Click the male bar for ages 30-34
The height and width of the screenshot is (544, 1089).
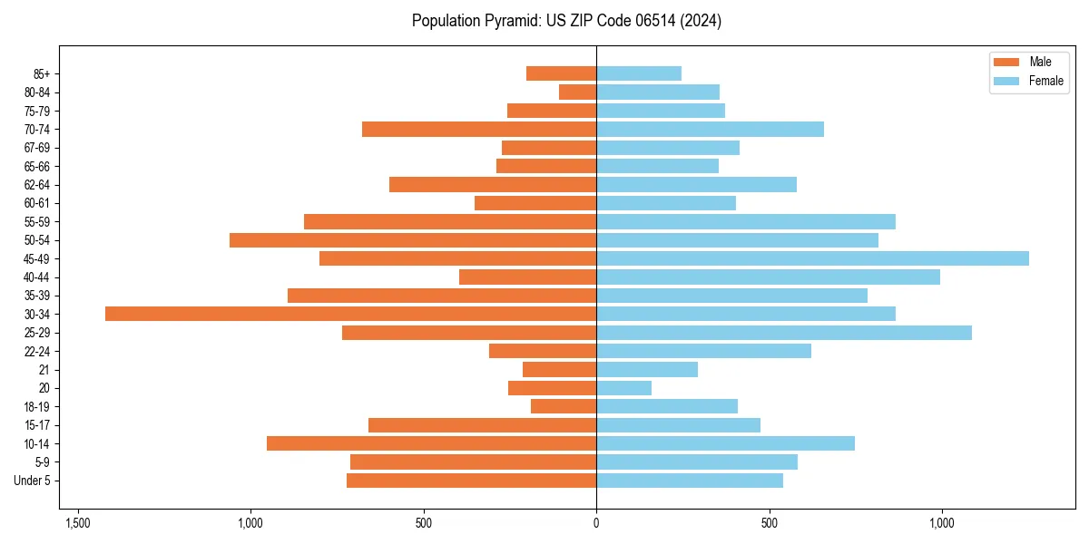tap(350, 314)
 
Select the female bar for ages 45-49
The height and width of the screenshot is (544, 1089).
tap(812, 258)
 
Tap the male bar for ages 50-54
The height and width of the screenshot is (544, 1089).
tap(413, 240)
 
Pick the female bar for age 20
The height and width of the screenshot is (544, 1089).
tap(623, 388)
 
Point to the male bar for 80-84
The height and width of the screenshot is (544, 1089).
tap(577, 92)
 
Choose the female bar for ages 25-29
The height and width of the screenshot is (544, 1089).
tap(784, 333)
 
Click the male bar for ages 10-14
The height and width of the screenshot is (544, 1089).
tap(431, 443)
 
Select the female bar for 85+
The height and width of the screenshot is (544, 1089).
tap(639, 73)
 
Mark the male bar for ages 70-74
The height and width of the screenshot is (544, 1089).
tap(479, 129)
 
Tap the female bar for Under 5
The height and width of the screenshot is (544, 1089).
tap(690, 481)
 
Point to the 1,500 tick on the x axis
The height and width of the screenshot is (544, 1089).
tap(78, 523)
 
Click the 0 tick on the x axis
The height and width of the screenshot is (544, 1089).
tap(596, 523)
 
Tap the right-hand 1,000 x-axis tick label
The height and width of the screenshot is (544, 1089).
tap(942, 523)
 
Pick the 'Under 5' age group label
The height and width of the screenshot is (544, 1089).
tap(32, 481)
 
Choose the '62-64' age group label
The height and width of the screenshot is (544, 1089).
tap(35, 185)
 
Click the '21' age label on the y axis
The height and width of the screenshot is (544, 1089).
tap(44, 370)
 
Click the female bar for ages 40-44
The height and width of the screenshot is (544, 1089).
tap(768, 277)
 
